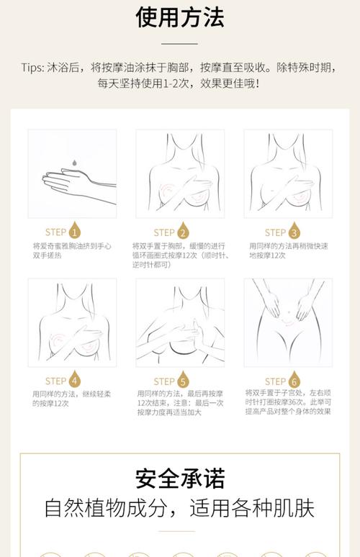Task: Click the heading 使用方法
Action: coord(179,17)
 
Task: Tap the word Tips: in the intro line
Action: coord(33,68)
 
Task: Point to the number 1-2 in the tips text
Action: coord(189,83)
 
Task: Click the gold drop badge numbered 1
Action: coord(75,232)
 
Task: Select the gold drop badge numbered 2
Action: coord(183,232)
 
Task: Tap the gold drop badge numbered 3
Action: coord(294,232)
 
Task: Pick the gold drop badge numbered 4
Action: coord(75,381)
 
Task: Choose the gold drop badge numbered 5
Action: coord(183,381)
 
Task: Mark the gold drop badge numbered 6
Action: coord(294,381)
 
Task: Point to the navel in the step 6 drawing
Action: coord(287,312)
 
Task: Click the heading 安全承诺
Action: coord(179,478)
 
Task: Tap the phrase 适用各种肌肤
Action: coord(252,508)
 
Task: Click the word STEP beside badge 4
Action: coord(55,381)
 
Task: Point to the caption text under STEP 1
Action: coord(71,250)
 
